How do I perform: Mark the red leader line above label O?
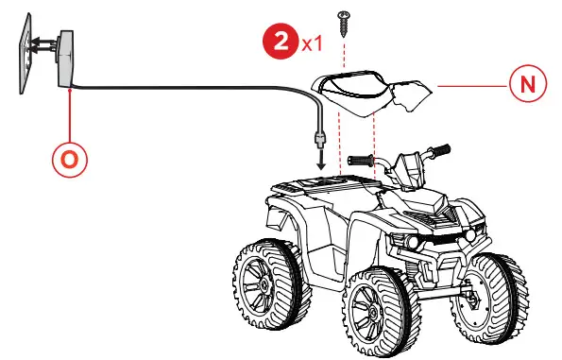point(70,113)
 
